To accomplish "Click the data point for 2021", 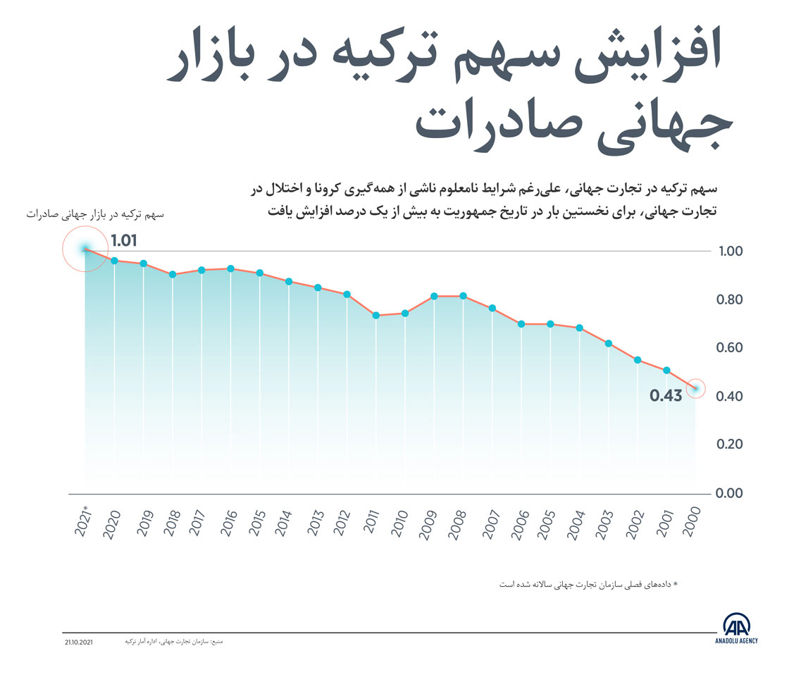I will pos(85,249).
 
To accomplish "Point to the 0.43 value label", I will pos(666,395).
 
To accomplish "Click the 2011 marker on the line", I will pos(376,315).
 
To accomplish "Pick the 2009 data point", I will pos(434,296).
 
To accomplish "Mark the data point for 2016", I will pos(230,268).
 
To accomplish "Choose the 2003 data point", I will pos(609,343).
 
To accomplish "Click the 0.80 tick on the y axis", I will pos(731,300).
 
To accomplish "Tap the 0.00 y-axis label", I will pos(731,493).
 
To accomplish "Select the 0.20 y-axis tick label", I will pos(731,445).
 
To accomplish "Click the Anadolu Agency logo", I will pos(736,628).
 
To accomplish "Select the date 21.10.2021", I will pos(77,642).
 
